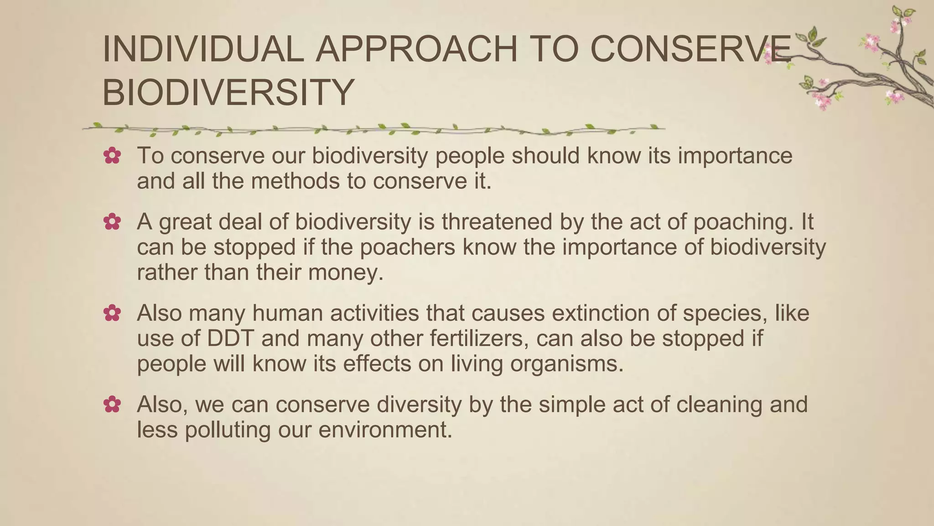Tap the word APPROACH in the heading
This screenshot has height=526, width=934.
click(417, 49)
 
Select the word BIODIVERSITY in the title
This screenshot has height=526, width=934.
click(228, 93)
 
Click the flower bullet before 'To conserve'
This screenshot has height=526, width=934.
click(112, 156)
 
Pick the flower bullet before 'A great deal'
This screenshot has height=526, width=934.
click(112, 222)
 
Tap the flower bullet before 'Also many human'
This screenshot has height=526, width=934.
click(112, 314)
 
